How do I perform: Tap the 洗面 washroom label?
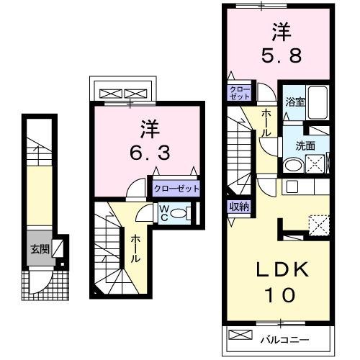[x=305, y=144]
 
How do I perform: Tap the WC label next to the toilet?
[x=165, y=213]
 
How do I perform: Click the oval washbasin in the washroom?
[x=292, y=165]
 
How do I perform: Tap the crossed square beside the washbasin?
[x=318, y=164]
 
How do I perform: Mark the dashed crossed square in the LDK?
[x=318, y=223]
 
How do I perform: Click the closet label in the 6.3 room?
[x=176, y=189]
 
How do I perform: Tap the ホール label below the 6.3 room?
[x=135, y=248]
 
